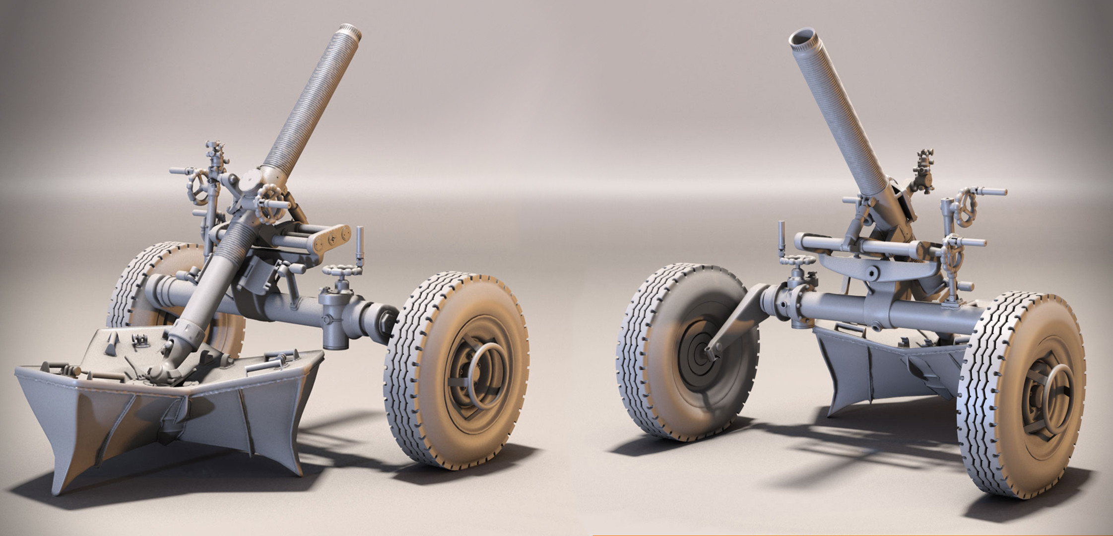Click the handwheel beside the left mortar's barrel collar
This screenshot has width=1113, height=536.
point(270,202)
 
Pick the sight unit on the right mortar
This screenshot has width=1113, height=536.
point(924,171)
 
